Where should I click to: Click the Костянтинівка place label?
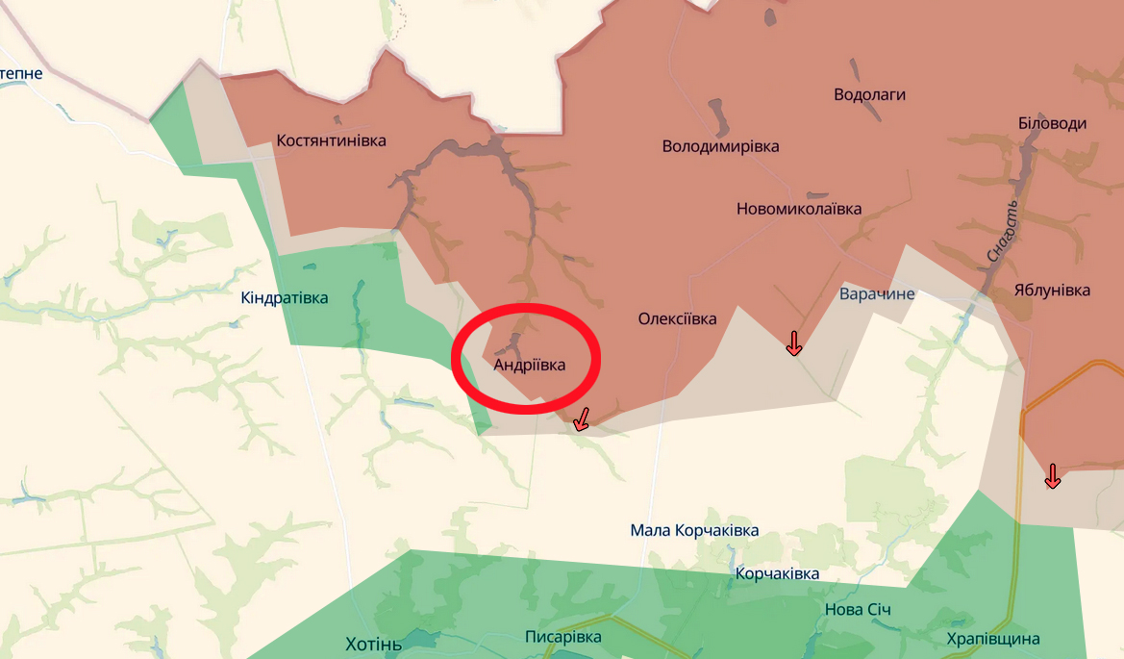pyautogui.click(x=331, y=140)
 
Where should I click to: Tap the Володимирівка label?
pyautogui.click(x=720, y=146)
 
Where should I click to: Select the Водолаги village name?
pyautogui.click(x=869, y=94)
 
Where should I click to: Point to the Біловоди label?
pyautogui.click(x=1052, y=123)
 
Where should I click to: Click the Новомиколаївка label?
pyautogui.click(x=798, y=209)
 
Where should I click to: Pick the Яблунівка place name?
pyautogui.click(x=1052, y=290)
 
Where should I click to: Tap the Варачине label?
pyautogui.click(x=877, y=293)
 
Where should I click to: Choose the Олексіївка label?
pyautogui.click(x=677, y=318)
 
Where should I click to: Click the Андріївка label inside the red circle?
pyautogui.click(x=529, y=365)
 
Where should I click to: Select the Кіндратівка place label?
pyautogui.click(x=284, y=297)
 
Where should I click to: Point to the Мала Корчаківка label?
pyautogui.click(x=694, y=530)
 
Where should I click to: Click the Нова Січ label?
pyautogui.click(x=858, y=610)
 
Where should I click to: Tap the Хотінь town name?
pyautogui.click(x=373, y=644)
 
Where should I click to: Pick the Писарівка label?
pyautogui.click(x=562, y=637)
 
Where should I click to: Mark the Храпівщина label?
pyautogui.click(x=992, y=639)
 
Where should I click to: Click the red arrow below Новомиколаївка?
pyautogui.click(x=793, y=342)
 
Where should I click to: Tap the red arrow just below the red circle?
pyautogui.click(x=580, y=419)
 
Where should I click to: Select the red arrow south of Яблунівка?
pyautogui.click(x=1052, y=475)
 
